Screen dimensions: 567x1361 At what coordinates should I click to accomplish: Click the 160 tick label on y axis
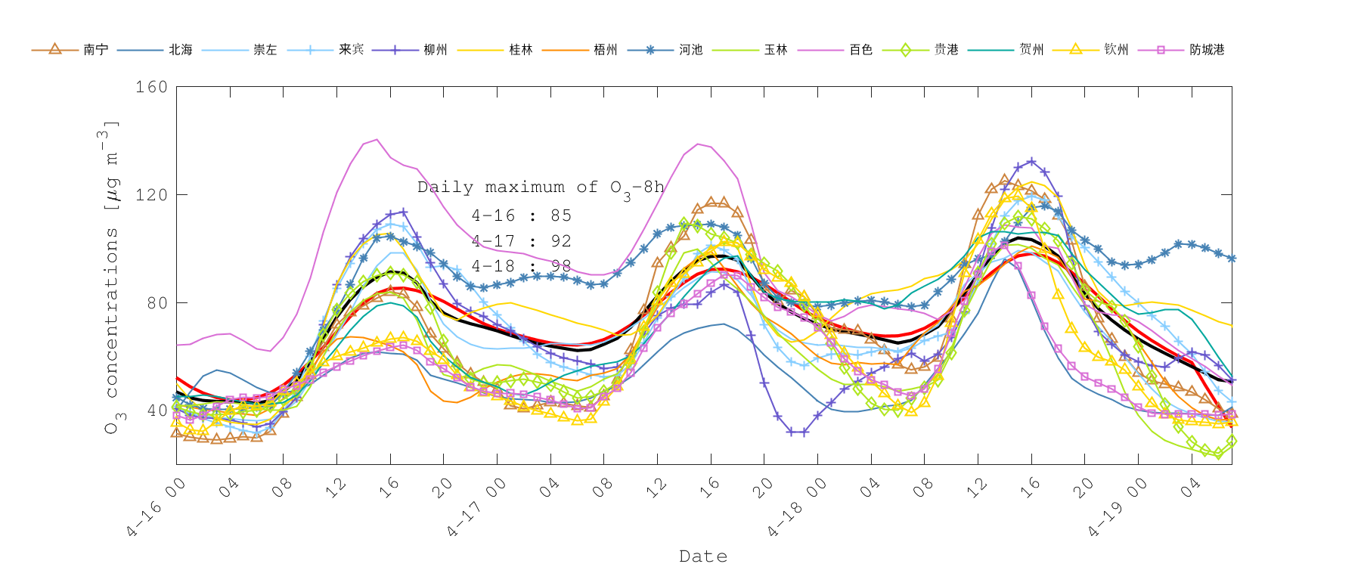click(151, 87)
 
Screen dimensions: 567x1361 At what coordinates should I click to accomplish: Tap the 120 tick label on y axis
click(151, 195)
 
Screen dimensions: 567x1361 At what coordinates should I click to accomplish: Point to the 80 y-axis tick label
click(156, 302)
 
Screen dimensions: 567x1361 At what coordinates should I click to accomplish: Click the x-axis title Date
click(703, 556)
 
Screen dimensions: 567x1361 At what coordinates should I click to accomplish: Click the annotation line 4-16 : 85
click(521, 216)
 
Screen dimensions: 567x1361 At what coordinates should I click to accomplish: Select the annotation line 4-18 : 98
click(521, 266)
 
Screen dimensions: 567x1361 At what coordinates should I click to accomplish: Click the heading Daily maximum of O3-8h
click(541, 187)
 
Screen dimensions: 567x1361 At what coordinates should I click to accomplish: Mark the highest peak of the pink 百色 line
click(377, 139)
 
